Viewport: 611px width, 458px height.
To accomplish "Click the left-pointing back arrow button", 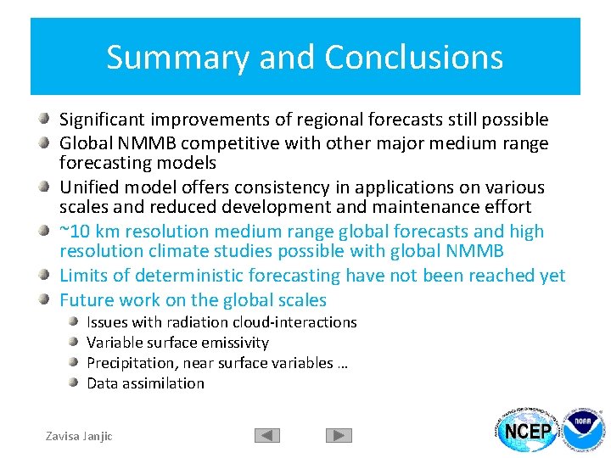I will point(267,435).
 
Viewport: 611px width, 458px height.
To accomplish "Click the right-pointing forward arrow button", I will point(339,435).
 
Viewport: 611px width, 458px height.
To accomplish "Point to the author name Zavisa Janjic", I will point(78,436).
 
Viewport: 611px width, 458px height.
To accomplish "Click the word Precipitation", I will point(125,363).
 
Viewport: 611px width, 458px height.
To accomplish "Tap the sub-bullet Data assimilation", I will point(145,383).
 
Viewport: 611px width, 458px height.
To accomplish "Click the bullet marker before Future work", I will point(48,299).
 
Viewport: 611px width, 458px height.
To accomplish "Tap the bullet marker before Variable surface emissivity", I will point(76,342).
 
